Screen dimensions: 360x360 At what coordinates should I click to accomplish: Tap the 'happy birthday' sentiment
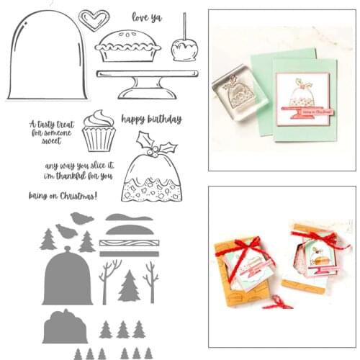(151, 118)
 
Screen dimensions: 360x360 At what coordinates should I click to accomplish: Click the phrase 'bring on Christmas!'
(63, 194)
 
